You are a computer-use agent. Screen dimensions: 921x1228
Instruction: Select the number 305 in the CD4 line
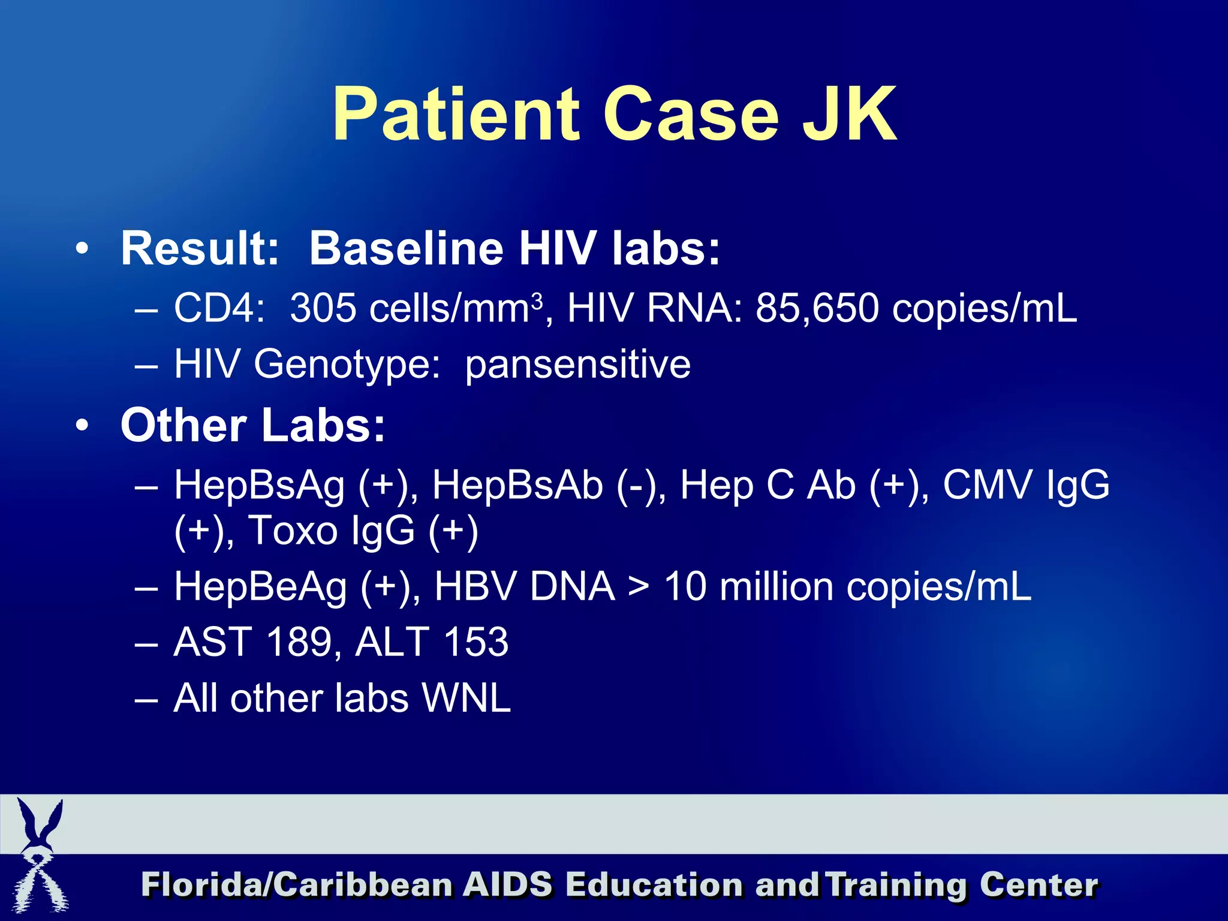click(x=323, y=308)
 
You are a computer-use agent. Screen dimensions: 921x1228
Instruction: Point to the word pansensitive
click(x=577, y=365)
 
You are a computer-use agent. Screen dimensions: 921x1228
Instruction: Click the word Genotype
click(x=347, y=365)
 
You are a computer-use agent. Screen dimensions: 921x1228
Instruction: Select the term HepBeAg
click(x=260, y=586)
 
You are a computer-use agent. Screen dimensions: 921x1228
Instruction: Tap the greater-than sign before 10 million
click(x=639, y=587)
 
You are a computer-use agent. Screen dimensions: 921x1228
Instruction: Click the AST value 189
click(x=299, y=642)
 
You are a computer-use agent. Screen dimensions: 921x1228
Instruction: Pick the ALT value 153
click(x=476, y=642)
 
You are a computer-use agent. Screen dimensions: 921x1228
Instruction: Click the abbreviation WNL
click(x=466, y=699)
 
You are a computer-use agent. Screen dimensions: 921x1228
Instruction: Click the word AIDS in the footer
click(x=508, y=885)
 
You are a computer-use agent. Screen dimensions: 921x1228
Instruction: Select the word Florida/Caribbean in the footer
click(x=297, y=885)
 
